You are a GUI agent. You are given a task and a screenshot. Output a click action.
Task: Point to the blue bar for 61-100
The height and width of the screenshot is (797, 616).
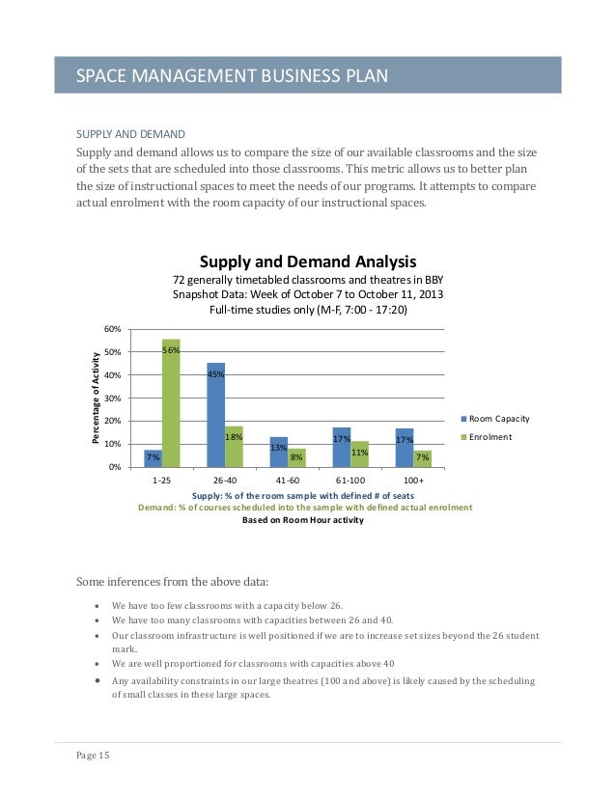tap(342, 447)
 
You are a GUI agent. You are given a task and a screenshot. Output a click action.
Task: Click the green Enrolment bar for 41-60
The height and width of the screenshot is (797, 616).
tap(296, 457)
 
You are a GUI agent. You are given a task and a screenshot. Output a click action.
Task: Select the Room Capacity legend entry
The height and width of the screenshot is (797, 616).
tap(497, 420)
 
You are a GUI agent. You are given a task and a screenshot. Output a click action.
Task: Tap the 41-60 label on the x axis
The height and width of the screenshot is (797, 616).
tap(288, 480)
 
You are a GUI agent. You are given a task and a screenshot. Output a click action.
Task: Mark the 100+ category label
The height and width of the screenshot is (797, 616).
tap(413, 480)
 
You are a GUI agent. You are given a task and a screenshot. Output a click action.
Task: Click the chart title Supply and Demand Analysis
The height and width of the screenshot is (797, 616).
tap(308, 261)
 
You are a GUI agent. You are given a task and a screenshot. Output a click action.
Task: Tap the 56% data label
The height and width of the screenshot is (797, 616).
tap(171, 350)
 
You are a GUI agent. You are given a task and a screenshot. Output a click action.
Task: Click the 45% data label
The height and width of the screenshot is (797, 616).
tap(215, 373)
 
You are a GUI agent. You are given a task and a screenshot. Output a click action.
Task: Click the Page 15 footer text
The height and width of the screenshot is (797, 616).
tap(93, 756)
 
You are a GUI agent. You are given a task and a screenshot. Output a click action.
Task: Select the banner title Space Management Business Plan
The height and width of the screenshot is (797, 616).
tap(232, 75)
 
